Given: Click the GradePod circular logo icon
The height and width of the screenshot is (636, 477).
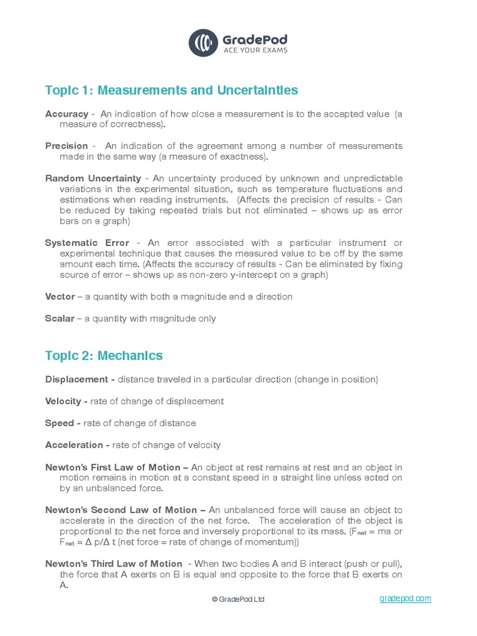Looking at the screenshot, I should pos(203,42).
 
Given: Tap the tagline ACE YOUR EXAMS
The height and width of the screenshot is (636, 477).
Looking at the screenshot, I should pos(255,50).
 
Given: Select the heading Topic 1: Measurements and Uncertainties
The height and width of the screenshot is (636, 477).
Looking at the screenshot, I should pos(171,91).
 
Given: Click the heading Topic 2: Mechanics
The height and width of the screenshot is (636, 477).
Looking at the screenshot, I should pos(104,356).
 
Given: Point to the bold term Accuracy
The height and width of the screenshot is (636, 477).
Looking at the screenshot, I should pos(66,114).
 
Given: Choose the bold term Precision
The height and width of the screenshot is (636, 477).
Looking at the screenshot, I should pos(66,146).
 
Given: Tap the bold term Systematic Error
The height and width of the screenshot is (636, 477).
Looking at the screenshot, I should pos(87,243).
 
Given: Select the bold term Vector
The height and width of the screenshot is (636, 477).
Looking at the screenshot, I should pos(60,297).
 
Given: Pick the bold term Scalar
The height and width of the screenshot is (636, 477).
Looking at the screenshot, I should pos(60,319).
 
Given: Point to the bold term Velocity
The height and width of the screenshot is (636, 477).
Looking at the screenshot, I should pos(63,401).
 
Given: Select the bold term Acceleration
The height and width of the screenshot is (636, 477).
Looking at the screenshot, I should pos(75,445).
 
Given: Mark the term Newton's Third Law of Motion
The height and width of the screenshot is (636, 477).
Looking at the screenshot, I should pos(114,564).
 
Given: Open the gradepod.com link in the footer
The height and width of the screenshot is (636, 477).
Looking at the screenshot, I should pos(405,598).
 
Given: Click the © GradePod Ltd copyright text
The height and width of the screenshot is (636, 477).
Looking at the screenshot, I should pos(238,599).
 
